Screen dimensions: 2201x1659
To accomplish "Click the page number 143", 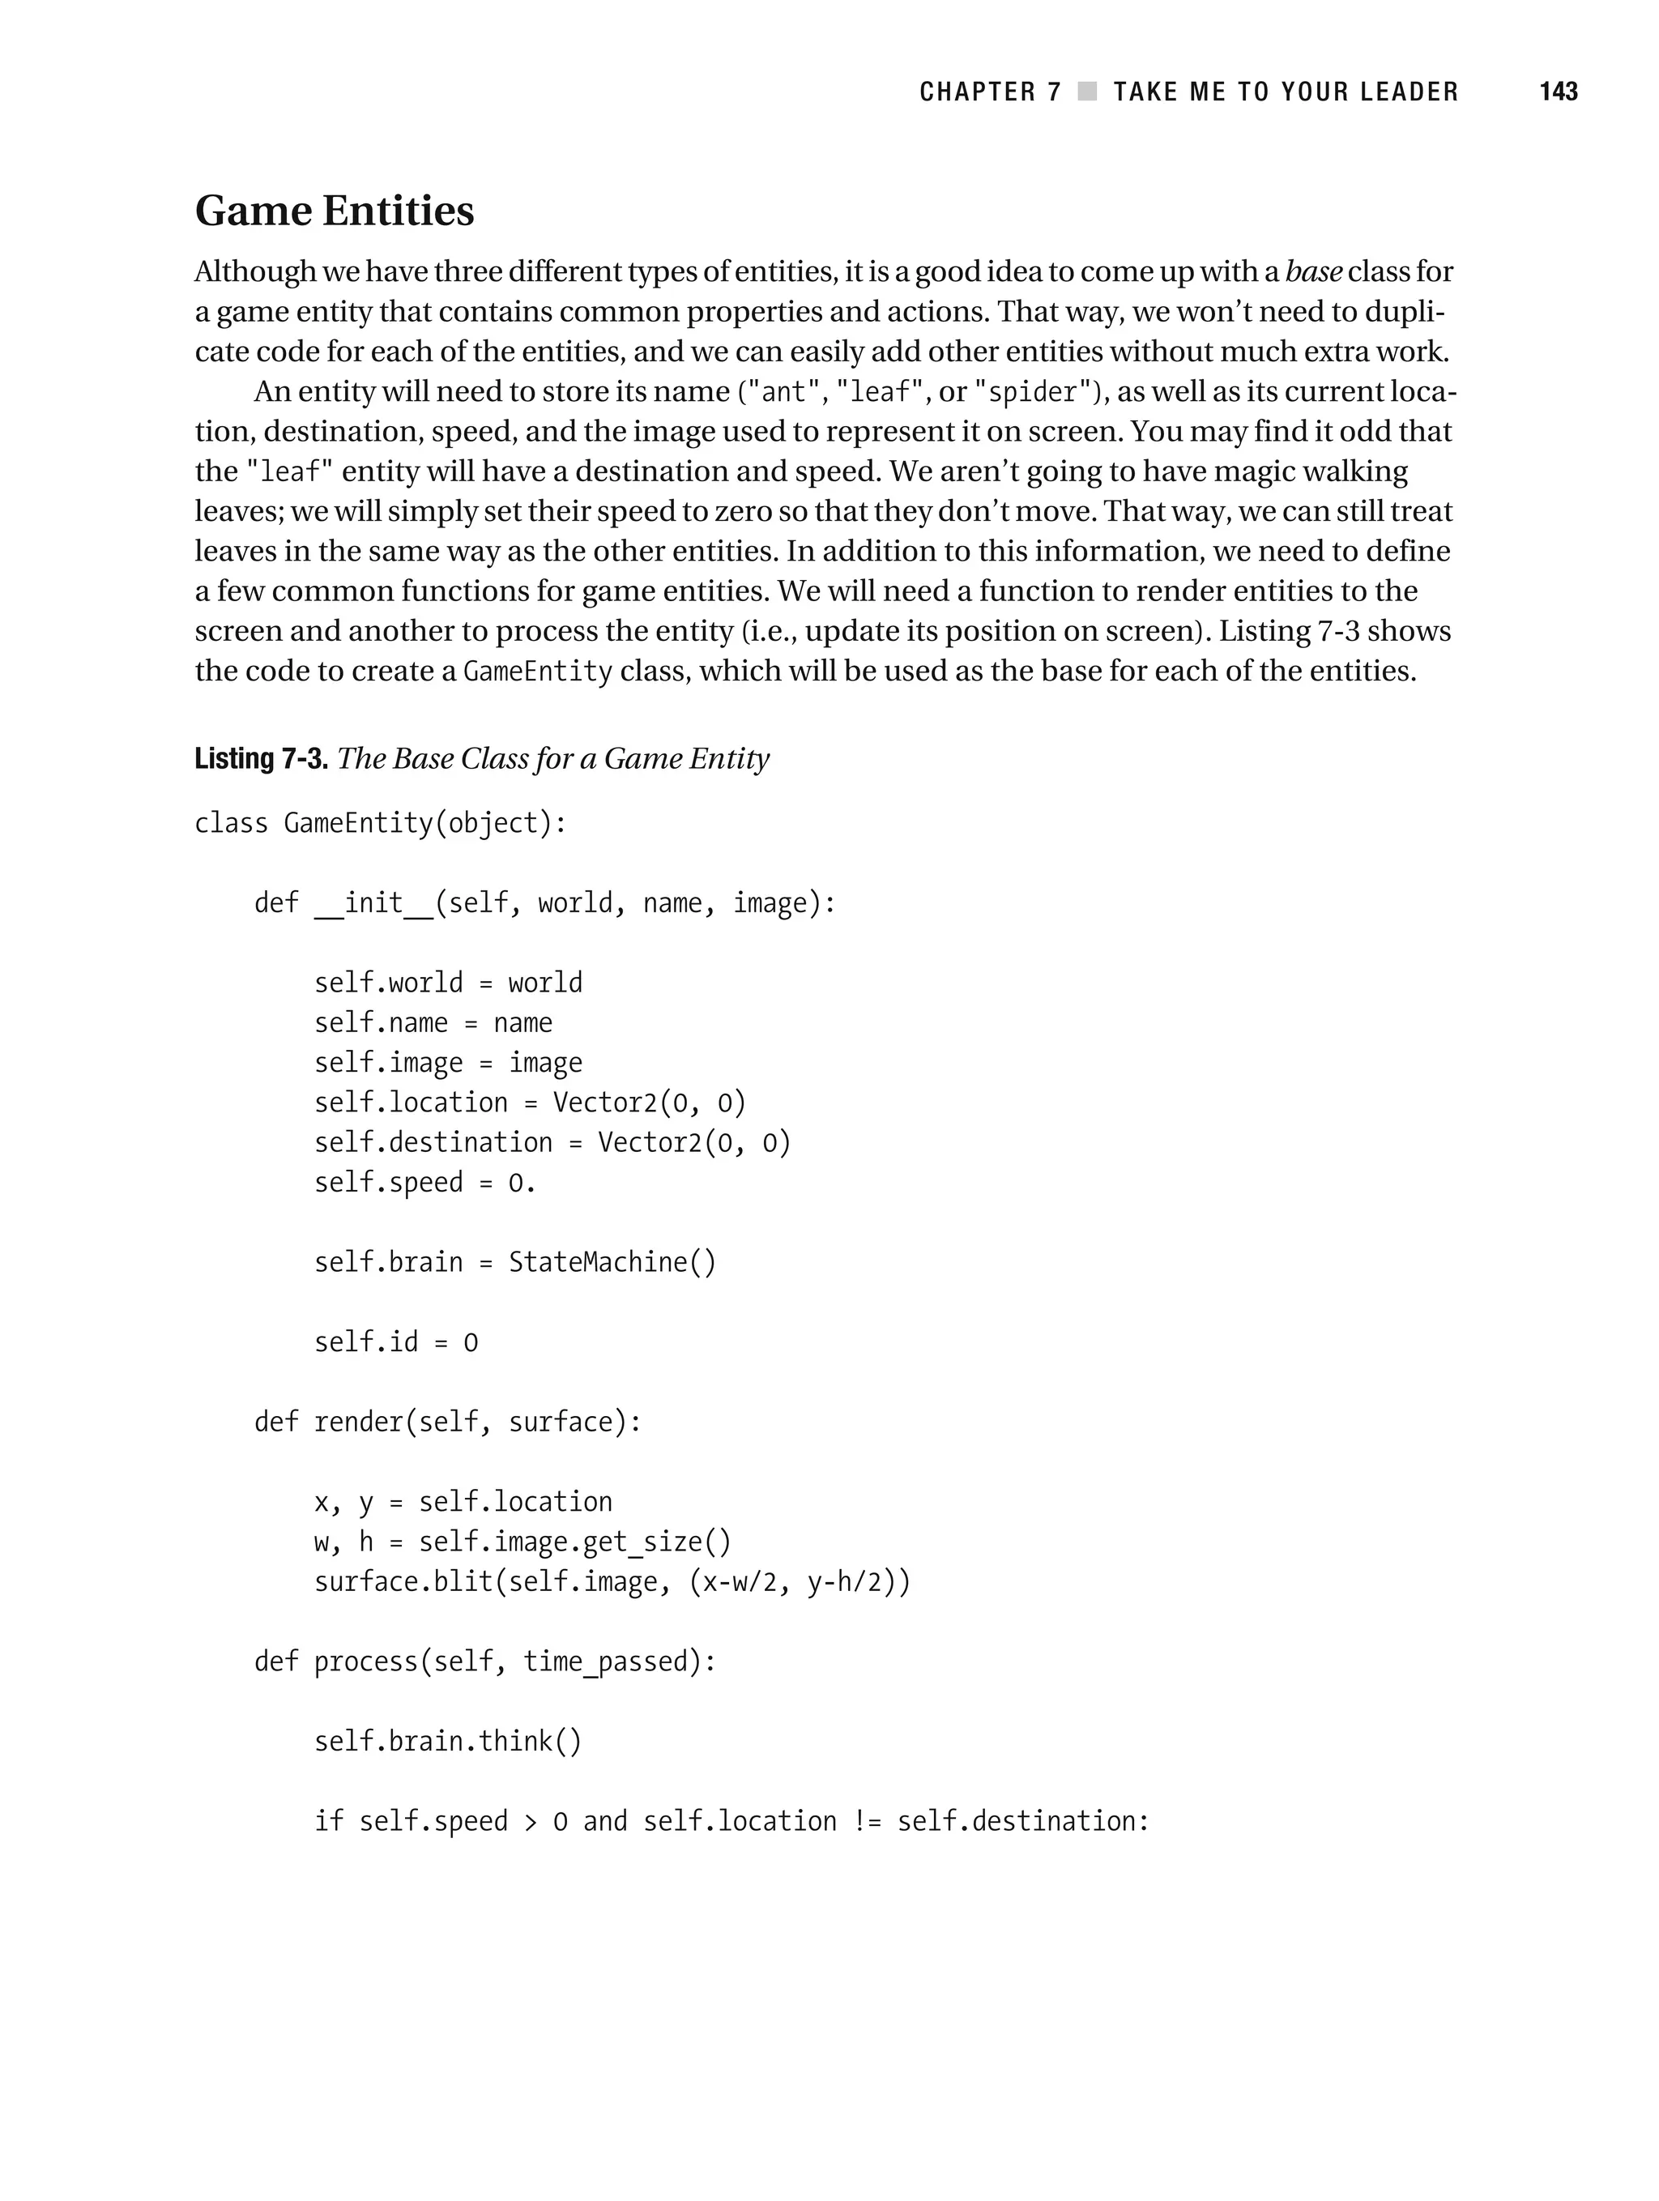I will (x=1558, y=92).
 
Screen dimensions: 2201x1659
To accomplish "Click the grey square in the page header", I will (x=1088, y=92).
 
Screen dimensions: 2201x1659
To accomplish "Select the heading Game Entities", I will (x=335, y=211).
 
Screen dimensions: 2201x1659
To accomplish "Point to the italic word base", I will (x=1314, y=271).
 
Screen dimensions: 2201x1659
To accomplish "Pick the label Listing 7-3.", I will (x=261, y=759).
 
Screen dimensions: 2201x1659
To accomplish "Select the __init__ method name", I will (x=373, y=903).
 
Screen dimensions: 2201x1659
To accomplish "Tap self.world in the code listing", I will (x=388, y=983).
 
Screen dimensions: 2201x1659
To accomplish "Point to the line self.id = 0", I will (x=396, y=1343).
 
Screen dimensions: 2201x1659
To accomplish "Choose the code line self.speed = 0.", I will (x=425, y=1183).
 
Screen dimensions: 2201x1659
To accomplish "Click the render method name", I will (x=358, y=1423).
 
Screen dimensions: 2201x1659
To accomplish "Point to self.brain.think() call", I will (x=448, y=1742).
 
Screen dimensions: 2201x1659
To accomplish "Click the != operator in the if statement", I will (x=867, y=1822).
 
